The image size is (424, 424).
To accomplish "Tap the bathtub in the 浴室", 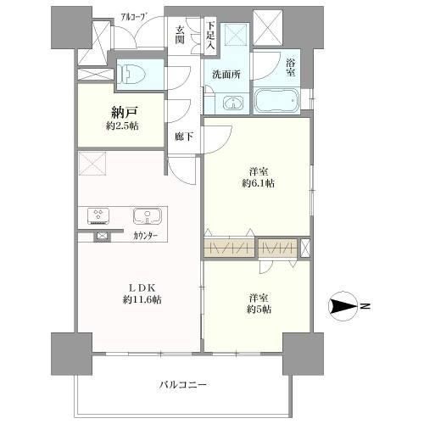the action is pyautogui.click(x=276, y=101).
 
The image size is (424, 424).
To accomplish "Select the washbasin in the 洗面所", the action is pyautogui.click(x=233, y=103).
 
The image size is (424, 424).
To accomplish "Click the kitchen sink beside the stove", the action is pyautogui.click(x=148, y=216).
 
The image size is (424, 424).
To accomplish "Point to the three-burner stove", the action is pyautogui.click(x=98, y=216).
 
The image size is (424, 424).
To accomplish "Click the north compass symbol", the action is pyautogui.click(x=343, y=306).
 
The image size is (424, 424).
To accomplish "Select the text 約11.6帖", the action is pyautogui.click(x=142, y=299).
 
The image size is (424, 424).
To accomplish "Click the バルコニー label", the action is pyautogui.click(x=183, y=384).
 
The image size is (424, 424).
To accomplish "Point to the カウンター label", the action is pyautogui.click(x=145, y=236).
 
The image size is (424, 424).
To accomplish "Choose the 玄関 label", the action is pyautogui.click(x=180, y=35).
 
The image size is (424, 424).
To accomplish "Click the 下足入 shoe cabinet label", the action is pyautogui.click(x=210, y=36).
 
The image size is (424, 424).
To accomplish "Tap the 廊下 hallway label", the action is pyautogui.click(x=184, y=137).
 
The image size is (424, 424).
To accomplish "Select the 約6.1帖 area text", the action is pyautogui.click(x=258, y=183).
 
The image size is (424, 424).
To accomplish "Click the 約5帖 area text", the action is pyautogui.click(x=259, y=310).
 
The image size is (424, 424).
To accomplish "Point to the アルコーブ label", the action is pyautogui.click(x=135, y=17).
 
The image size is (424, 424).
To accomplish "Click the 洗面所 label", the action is pyautogui.click(x=226, y=75).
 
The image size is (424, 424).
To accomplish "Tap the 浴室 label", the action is pyautogui.click(x=291, y=68).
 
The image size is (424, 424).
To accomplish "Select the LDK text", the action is pyautogui.click(x=142, y=287).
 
